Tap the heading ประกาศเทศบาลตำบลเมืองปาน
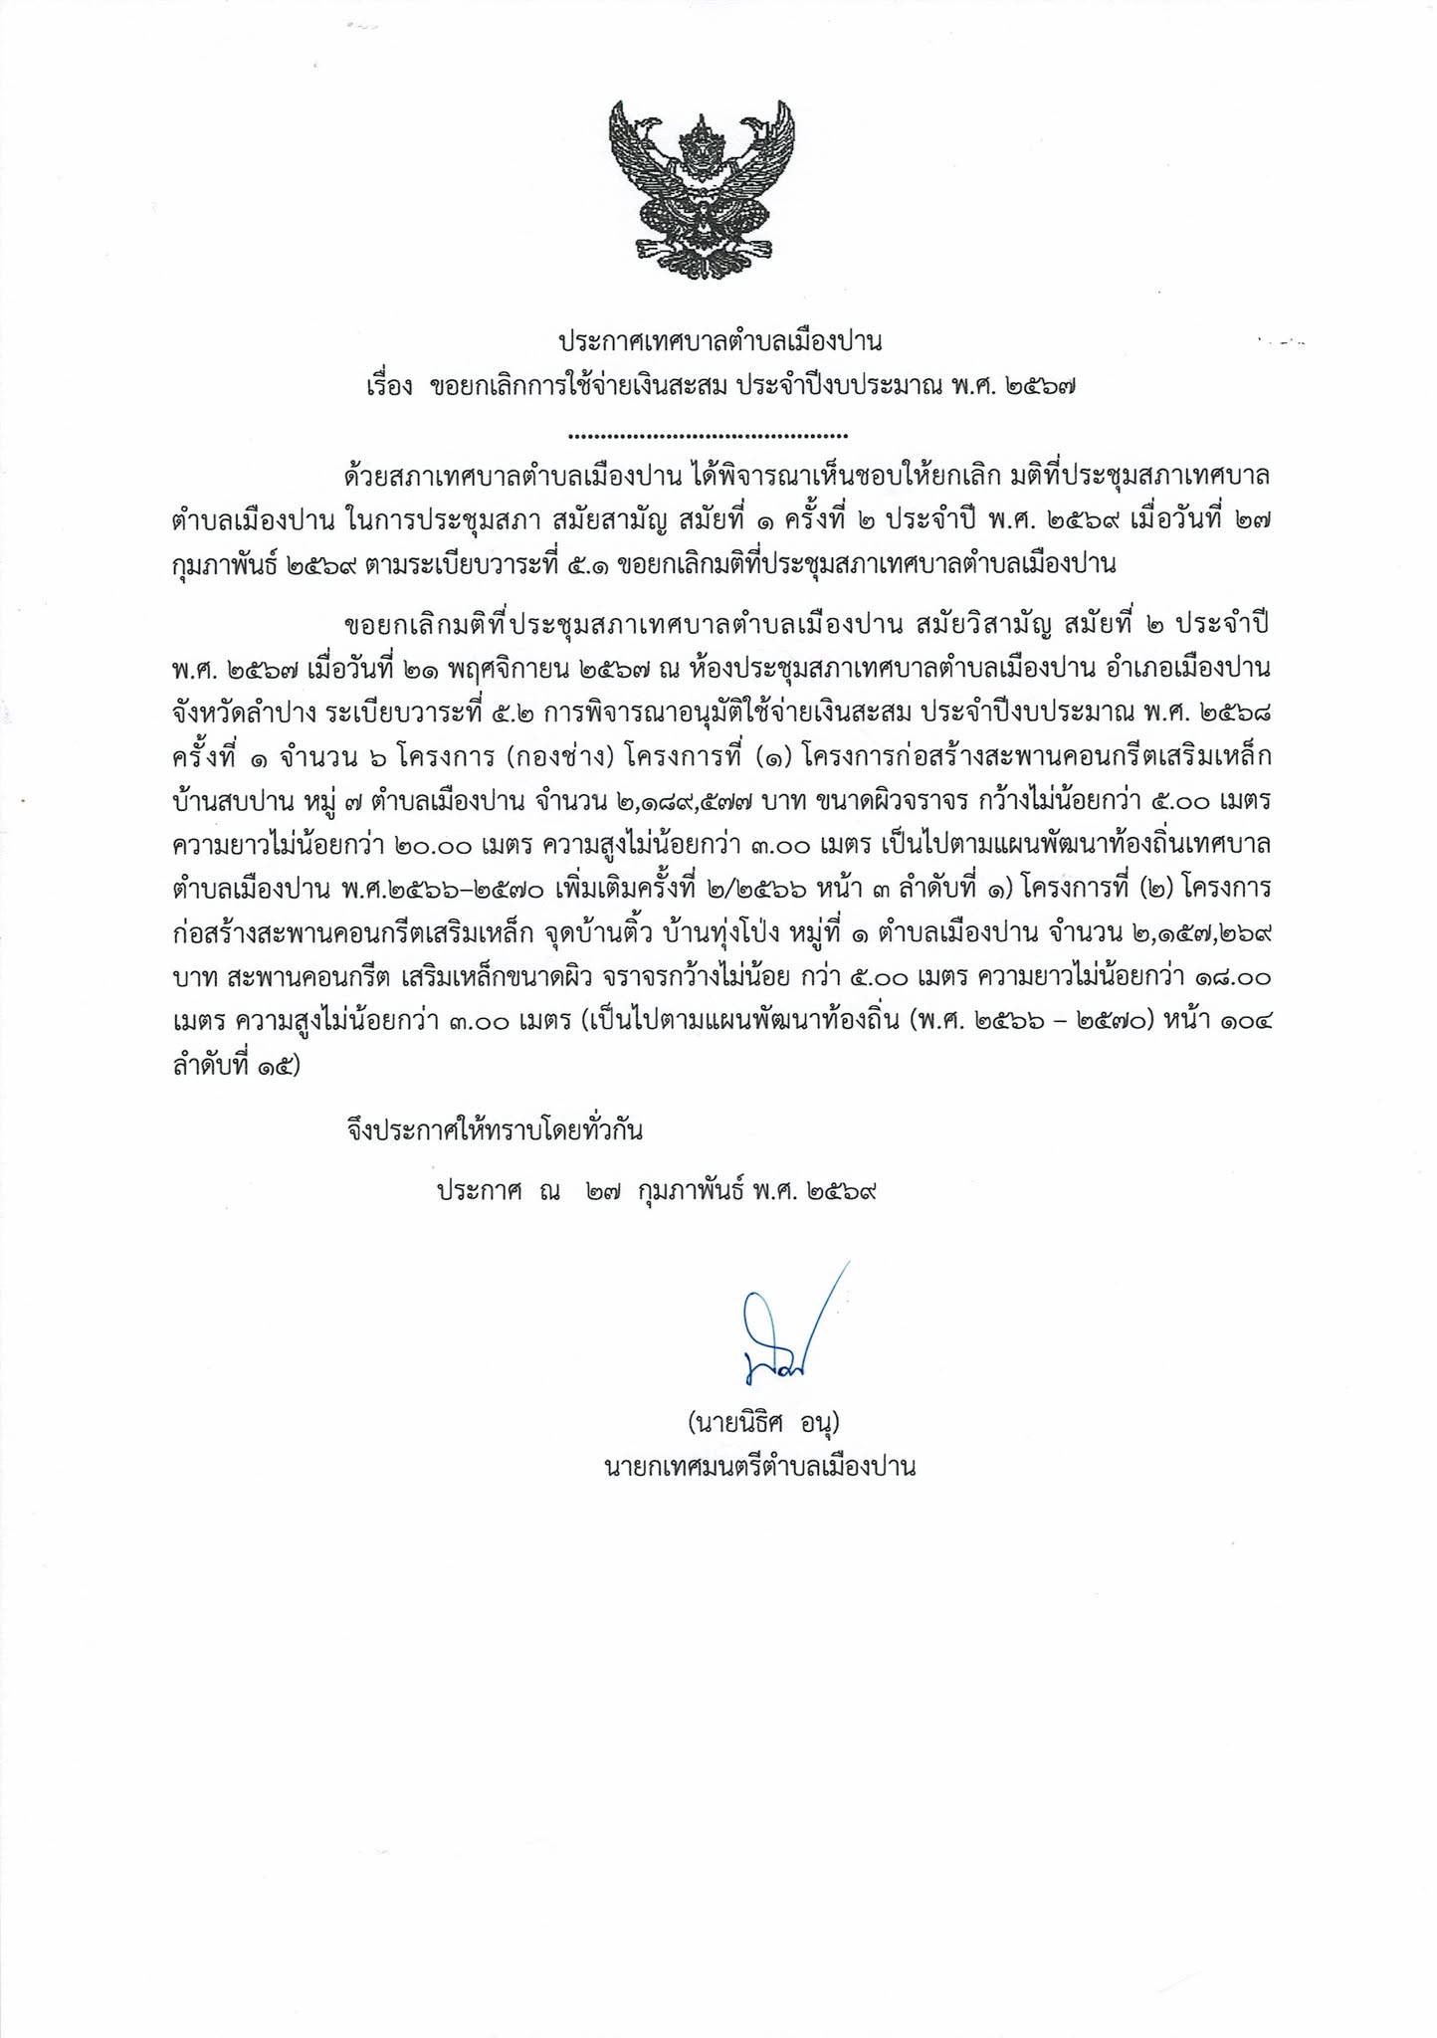719,343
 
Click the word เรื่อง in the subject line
389,388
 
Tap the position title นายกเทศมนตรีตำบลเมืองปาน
759,1467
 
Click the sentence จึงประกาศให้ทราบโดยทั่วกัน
495,1130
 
